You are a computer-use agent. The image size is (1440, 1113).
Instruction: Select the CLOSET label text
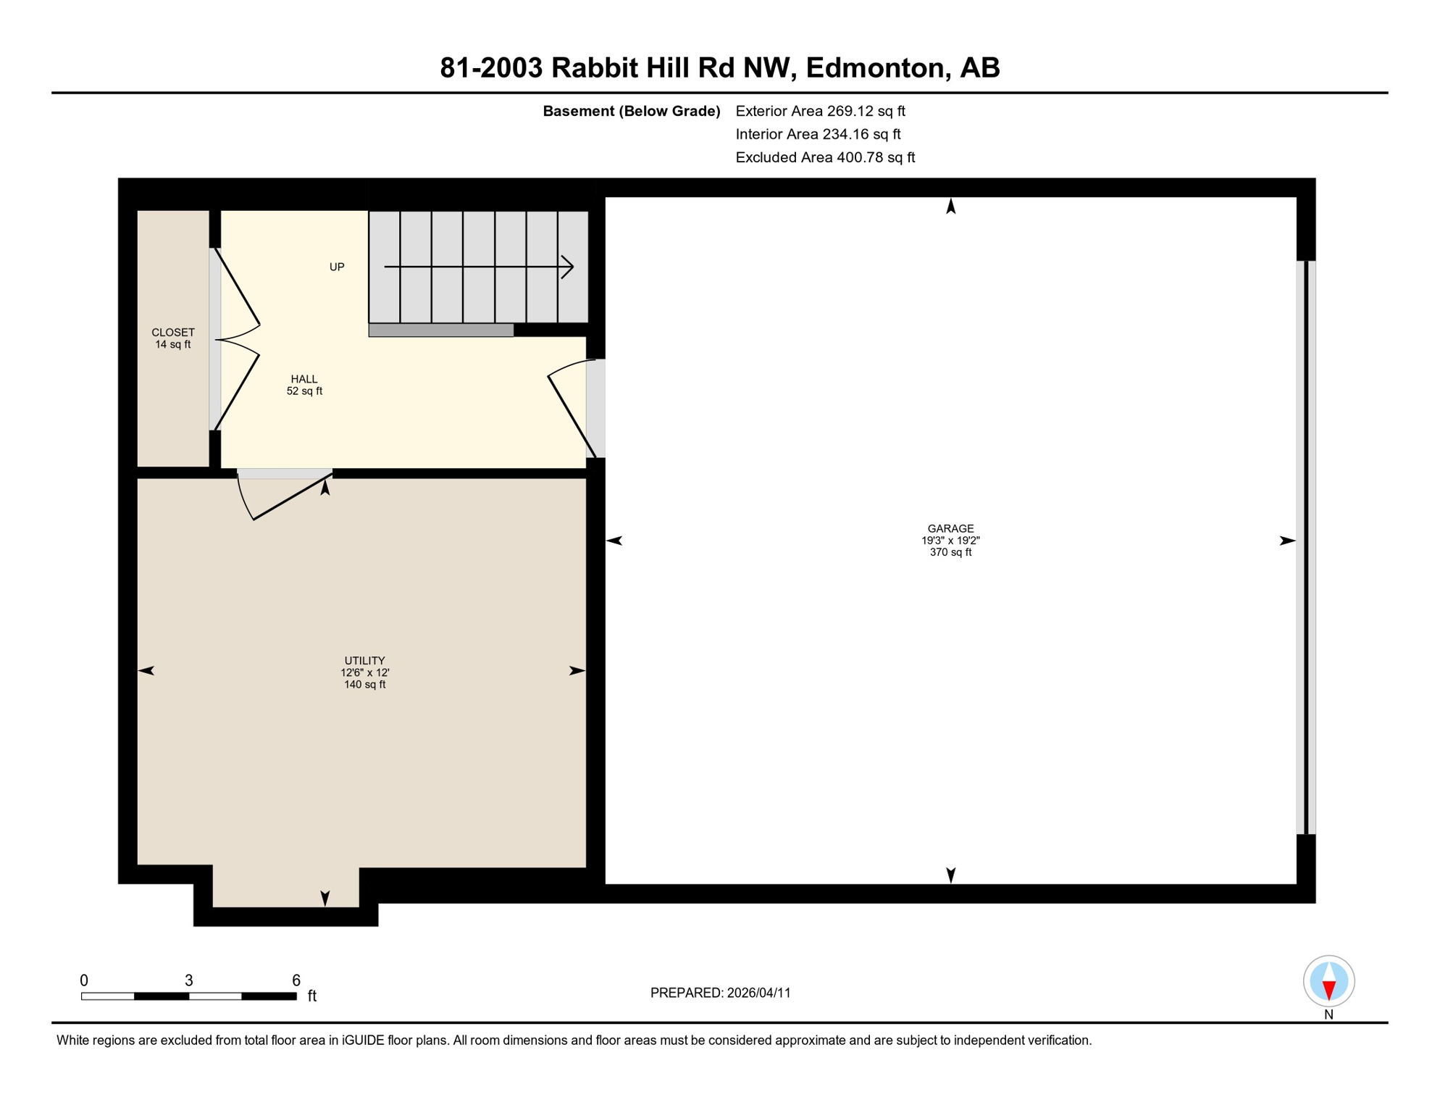172,333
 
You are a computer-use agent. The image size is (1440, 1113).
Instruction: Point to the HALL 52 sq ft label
304,385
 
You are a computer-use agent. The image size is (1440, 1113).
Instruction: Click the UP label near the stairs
337,267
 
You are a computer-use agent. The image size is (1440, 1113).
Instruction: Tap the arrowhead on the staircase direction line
569,267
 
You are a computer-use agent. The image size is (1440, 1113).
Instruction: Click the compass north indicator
1328,982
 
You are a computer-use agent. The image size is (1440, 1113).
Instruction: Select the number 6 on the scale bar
296,980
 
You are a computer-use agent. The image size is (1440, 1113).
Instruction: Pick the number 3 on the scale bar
188,980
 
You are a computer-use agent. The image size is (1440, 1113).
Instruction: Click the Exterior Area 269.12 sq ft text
820,111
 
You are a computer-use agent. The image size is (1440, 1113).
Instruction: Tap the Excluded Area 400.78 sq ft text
825,157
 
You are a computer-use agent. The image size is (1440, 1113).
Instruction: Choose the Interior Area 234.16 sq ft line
818,134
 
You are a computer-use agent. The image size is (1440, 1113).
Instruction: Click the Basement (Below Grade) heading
631,111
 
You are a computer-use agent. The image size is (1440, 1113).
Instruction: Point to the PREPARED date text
720,993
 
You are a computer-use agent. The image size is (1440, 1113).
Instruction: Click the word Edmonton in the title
875,67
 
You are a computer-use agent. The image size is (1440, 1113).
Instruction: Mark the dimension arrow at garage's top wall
951,207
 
